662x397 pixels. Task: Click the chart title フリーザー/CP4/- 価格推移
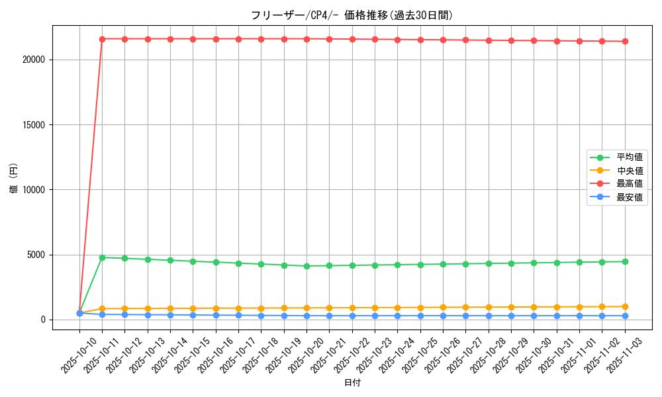(352, 15)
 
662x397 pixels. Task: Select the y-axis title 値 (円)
(13, 179)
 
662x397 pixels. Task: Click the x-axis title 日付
(352, 383)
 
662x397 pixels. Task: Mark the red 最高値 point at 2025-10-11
(102, 39)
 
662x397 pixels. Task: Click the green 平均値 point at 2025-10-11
(102, 257)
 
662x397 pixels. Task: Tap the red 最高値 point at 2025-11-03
(625, 41)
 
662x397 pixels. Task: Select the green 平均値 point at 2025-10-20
(307, 266)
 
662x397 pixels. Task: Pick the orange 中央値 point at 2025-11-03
(625, 306)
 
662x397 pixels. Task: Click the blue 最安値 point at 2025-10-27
(465, 316)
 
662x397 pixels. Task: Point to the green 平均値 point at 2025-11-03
(625, 261)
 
